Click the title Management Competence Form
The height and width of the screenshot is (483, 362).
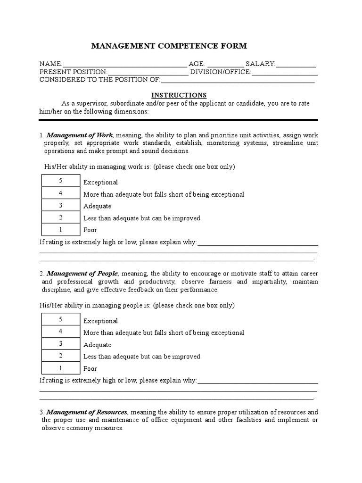coord(169,46)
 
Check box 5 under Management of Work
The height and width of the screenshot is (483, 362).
coord(61,181)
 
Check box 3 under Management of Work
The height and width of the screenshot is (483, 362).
coord(61,205)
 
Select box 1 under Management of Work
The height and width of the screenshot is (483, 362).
coord(61,229)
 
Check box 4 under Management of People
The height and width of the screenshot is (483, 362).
coord(61,332)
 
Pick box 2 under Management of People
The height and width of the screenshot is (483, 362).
coord(61,356)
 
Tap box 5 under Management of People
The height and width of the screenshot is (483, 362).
coord(61,319)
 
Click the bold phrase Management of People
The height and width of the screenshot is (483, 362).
coord(82,274)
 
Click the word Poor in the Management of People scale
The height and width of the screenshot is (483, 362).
coord(90,369)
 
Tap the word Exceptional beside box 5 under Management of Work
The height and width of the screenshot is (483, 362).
coord(100,183)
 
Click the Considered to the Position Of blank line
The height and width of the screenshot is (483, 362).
coord(238,81)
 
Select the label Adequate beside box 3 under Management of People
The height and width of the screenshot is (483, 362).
coord(97,345)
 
